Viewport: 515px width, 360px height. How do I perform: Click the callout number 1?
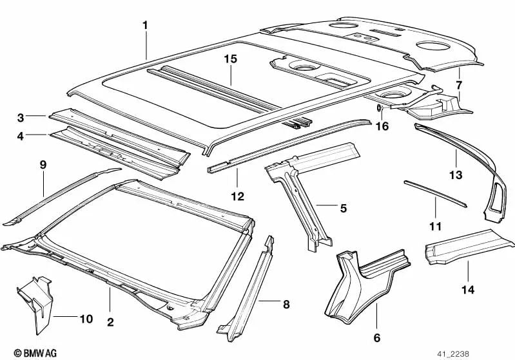[x=145, y=26]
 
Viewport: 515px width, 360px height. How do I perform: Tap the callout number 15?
[x=231, y=59]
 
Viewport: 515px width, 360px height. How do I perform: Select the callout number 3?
[x=21, y=117]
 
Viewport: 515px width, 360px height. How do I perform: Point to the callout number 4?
[x=21, y=136]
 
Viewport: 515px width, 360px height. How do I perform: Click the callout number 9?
[x=43, y=165]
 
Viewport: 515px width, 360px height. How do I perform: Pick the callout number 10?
[x=86, y=319]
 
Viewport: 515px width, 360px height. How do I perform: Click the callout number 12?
[x=237, y=196]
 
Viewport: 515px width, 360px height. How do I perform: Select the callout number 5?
[x=343, y=207]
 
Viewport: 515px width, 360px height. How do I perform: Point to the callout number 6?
[x=377, y=337]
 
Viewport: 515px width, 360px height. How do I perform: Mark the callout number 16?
[x=382, y=126]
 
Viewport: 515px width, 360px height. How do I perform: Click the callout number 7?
[x=459, y=84]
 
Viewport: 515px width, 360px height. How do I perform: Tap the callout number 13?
[x=456, y=175]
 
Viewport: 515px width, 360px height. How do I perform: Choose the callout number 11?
[x=436, y=226]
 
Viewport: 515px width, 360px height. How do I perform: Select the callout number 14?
[x=467, y=290]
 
